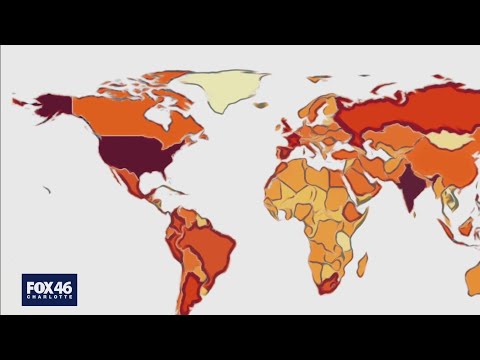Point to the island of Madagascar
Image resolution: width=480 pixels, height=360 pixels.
click(362, 264)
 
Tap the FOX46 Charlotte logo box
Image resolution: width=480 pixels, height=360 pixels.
click(49, 289)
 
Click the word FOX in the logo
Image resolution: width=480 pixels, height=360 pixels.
click(38, 286)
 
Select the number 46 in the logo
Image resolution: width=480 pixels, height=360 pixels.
click(62, 286)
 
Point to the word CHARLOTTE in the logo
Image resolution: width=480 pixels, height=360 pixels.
click(49, 299)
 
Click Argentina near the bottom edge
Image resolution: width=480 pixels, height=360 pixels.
click(190, 295)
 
